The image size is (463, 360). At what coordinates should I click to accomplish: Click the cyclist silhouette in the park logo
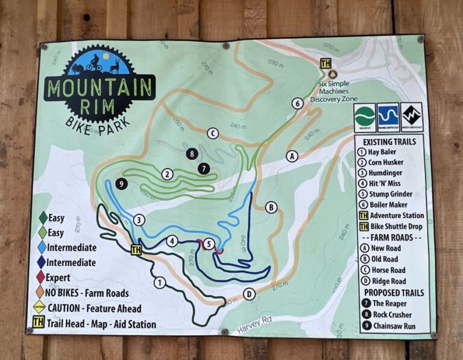[93, 63]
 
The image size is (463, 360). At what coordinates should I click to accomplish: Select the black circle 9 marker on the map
[121, 184]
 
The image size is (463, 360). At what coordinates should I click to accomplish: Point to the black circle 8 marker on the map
[192, 154]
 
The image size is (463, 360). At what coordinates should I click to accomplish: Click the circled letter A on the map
[292, 156]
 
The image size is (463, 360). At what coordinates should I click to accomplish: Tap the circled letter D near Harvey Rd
[248, 294]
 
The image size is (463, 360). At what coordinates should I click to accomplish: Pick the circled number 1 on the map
[160, 282]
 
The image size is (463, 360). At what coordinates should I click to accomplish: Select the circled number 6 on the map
[297, 103]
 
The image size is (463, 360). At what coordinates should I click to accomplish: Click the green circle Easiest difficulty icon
[365, 116]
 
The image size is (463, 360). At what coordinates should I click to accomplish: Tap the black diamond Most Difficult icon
[412, 116]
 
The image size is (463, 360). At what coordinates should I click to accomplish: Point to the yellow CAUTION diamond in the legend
[39, 308]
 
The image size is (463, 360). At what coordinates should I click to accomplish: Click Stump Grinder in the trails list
[391, 194]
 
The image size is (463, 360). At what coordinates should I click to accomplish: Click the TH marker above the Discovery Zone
[326, 63]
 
